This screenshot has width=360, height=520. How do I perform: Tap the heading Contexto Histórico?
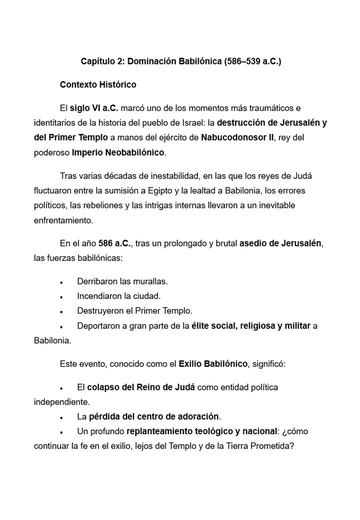click(x=98, y=84)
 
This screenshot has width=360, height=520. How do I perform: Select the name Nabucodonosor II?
click(x=237, y=137)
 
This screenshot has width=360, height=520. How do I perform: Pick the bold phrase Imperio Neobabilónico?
click(x=118, y=152)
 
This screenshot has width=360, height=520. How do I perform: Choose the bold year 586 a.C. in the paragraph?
click(x=114, y=243)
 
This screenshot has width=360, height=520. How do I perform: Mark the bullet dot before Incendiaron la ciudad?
click(x=61, y=297)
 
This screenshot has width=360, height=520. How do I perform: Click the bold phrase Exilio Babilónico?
click(x=213, y=363)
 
